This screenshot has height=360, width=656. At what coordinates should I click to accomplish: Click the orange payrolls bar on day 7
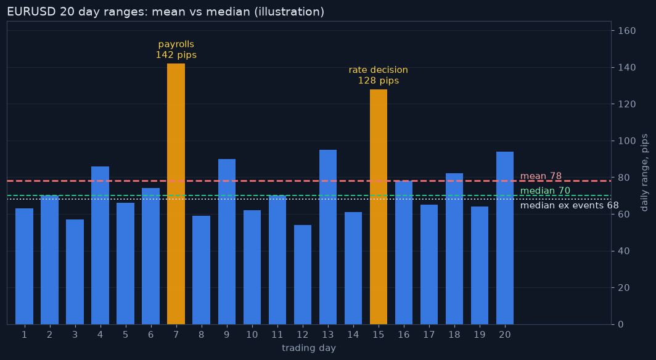(x=176, y=194)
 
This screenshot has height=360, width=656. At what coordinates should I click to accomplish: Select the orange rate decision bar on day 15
(x=378, y=207)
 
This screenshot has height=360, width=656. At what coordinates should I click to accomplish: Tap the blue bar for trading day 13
(x=327, y=237)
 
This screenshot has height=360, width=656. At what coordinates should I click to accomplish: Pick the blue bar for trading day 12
(x=303, y=275)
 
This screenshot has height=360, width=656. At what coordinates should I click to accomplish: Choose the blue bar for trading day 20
(x=504, y=238)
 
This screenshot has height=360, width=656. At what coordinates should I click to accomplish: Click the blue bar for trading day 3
(x=75, y=272)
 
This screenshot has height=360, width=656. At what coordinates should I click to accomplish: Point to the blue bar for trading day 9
(x=226, y=242)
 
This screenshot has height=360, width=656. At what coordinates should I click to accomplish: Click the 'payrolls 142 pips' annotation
(x=176, y=50)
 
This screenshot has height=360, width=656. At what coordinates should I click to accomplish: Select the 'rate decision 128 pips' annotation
(x=378, y=75)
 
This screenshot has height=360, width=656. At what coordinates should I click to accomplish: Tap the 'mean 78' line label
(x=541, y=176)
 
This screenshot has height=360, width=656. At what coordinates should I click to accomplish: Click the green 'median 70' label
(x=545, y=190)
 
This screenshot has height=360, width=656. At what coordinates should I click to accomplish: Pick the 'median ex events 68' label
(x=570, y=205)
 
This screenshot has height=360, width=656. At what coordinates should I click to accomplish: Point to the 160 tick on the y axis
(x=626, y=31)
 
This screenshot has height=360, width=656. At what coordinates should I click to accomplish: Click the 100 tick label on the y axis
(x=626, y=141)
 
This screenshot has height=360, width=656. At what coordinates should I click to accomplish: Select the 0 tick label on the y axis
(x=620, y=324)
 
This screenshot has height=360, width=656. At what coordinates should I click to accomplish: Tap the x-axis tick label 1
(x=24, y=335)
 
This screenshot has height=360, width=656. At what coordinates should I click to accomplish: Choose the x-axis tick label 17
(x=429, y=335)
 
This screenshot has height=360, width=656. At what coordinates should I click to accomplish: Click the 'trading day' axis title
(x=309, y=348)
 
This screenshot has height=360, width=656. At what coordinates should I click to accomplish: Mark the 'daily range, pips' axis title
(x=645, y=173)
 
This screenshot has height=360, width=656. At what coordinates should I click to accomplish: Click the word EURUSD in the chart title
(x=31, y=12)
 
